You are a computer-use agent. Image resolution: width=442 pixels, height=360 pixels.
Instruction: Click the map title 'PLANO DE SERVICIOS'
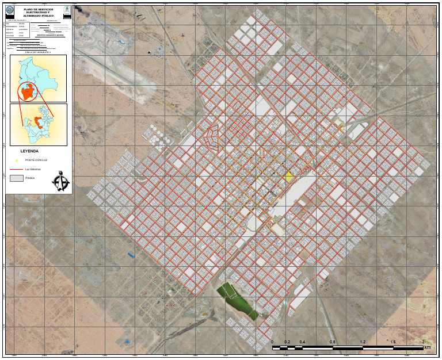point(38,9)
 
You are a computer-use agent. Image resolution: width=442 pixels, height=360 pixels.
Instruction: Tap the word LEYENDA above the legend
point(29,151)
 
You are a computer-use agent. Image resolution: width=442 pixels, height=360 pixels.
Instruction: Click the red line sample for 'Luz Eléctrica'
point(17,170)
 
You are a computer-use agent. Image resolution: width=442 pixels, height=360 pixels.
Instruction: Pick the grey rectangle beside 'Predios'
point(17,179)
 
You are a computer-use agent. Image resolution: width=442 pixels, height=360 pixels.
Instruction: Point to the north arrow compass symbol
point(60,182)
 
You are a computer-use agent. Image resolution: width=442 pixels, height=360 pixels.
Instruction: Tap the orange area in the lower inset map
point(39,122)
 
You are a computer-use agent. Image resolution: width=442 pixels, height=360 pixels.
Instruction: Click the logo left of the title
point(10,10)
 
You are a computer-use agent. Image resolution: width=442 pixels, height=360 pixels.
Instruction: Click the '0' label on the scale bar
point(272,342)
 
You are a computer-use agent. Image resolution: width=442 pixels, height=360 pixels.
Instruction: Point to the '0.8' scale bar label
point(333,342)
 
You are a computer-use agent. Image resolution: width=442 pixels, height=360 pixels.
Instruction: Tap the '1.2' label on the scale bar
point(363,342)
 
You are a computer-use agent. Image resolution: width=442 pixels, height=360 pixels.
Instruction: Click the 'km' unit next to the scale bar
point(427,347)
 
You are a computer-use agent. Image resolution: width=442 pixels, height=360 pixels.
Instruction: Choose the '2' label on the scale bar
point(423,342)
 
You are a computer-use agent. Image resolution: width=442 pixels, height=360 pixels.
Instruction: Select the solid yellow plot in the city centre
point(289,179)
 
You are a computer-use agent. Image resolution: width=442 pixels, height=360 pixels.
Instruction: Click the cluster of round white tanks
point(154,134)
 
